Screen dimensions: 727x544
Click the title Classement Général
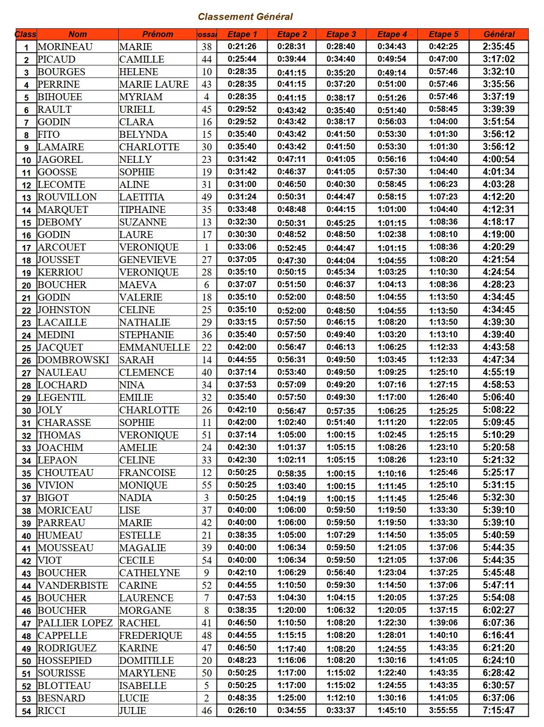click(x=245, y=17)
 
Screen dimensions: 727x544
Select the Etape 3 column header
click(x=341, y=34)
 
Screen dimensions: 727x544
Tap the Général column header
click(x=499, y=34)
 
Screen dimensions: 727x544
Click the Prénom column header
click(x=158, y=34)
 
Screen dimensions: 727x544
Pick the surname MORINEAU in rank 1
click(x=65, y=47)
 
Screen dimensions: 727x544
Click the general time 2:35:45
click(x=499, y=46)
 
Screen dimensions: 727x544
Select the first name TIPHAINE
click(x=142, y=210)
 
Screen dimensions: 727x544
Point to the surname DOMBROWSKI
click(x=73, y=360)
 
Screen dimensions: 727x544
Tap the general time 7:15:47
click(x=499, y=710)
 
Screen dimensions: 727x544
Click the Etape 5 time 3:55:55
click(x=443, y=710)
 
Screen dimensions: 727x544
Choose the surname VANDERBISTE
click(x=72, y=585)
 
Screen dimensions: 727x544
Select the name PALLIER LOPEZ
click(x=75, y=623)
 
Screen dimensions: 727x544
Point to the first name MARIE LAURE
click(x=154, y=84)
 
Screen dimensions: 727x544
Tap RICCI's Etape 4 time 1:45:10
click(x=391, y=710)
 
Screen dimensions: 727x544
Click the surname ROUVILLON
click(x=67, y=197)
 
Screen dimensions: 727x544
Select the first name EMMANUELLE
click(x=154, y=347)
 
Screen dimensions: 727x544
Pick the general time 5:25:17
click(x=499, y=473)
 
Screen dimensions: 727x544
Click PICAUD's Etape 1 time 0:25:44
click(x=242, y=59)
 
